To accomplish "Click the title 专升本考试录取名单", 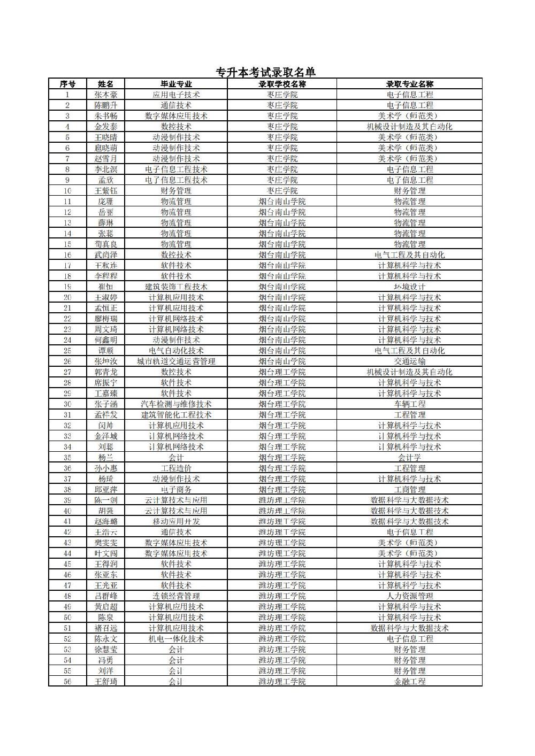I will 265,72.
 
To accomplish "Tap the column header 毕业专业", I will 176,84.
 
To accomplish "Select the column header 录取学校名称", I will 282,84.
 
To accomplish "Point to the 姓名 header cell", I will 106,84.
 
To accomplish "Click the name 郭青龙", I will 106,372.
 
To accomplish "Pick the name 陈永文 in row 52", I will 106,639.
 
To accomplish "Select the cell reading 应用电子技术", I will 176,95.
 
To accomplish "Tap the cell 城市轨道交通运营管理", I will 176,361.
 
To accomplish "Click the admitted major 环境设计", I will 410,287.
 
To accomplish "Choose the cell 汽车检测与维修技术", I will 176,404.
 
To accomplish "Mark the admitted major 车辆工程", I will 410,404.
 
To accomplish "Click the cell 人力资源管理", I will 410,596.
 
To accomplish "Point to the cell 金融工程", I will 410,682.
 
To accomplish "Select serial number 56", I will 67,682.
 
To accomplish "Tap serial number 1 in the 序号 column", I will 67,95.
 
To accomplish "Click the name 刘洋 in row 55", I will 106,671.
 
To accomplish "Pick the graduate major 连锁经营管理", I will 176,596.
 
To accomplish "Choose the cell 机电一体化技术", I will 176,639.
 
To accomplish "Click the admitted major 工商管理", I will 410,490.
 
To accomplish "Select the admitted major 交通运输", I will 410,361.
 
